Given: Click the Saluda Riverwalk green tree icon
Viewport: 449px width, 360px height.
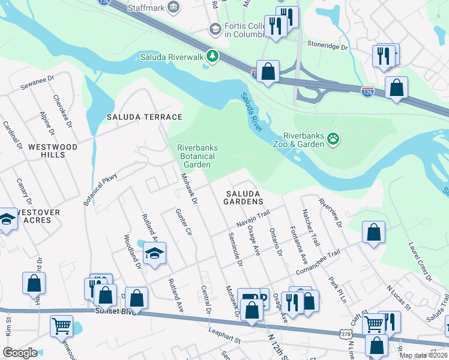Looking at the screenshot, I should click(x=212, y=56).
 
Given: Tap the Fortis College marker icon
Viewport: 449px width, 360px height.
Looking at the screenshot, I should click(x=215, y=29).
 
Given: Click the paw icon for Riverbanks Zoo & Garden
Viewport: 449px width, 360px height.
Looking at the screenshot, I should click(x=333, y=140).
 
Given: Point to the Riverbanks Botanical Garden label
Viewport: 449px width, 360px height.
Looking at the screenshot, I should click(x=197, y=156).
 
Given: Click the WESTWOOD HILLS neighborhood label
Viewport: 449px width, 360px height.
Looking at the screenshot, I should click(x=53, y=151).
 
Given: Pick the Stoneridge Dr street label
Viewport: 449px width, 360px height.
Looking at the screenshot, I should click(x=327, y=46).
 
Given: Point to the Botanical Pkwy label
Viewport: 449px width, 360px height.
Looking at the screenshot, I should click(x=100, y=190).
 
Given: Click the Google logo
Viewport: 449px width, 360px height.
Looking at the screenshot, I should click(x=20, y=353).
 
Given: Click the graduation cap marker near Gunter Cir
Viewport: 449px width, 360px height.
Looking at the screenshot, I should click(x=154, y=253).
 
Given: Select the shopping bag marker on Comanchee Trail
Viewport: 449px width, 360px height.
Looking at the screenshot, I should click(x=373, y=233).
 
